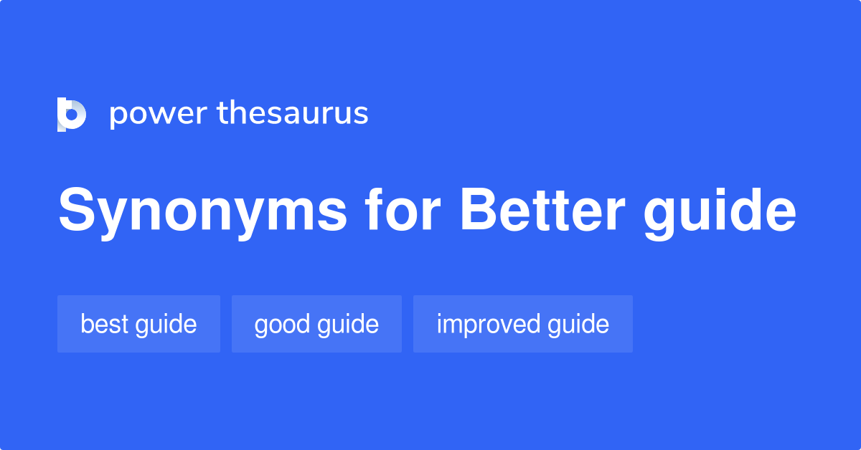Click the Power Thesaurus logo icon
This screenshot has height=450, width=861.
72,114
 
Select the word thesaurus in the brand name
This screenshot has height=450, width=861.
293,114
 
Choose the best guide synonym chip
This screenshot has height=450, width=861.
138,324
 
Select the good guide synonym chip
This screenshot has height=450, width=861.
316,324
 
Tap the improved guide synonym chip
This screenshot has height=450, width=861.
522,324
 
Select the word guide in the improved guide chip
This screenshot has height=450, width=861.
578,324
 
